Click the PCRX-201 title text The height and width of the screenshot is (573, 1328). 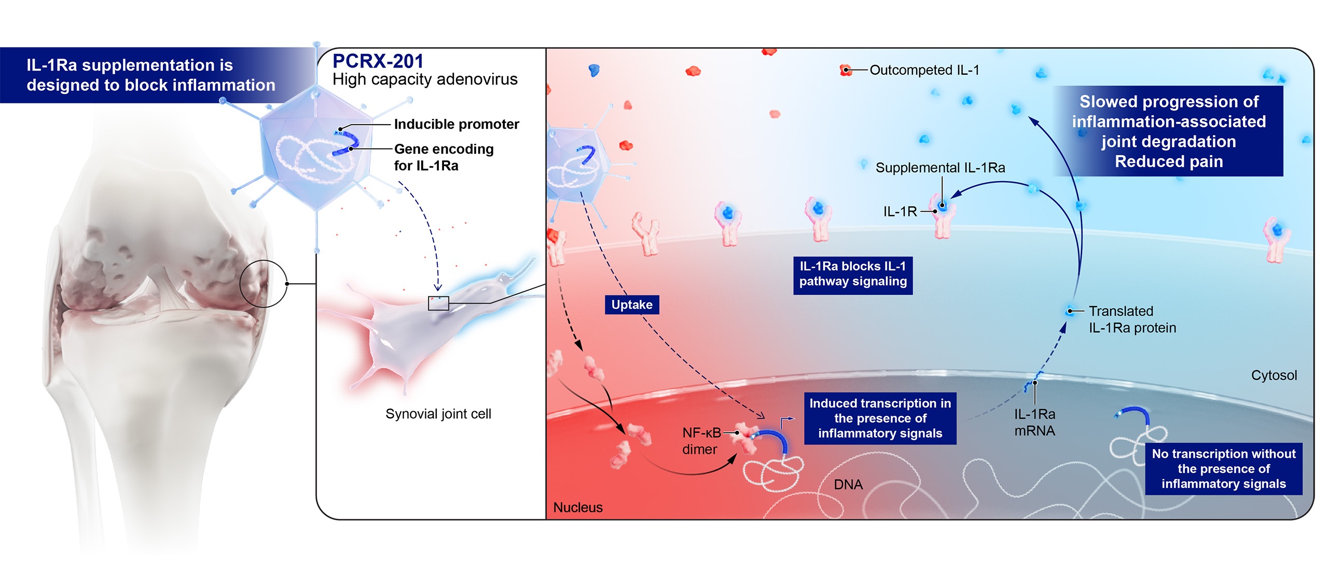tap(378, 61)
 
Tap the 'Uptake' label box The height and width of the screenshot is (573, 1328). tap(632, 305)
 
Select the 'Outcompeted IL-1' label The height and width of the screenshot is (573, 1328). tap(924, 70)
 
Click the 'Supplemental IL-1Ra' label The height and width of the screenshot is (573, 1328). tap(940, 168)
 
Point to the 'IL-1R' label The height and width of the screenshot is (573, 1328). tap(900, 212)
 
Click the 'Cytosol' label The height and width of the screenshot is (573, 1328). tap(1274, 375)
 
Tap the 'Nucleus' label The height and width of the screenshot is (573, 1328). tap(578, 507)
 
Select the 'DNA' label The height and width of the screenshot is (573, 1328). tap(848, 484)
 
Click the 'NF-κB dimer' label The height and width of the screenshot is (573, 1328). tap(701, 441)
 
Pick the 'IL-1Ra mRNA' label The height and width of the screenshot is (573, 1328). tap(1034, 422)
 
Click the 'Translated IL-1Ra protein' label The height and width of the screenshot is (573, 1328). tap(1132, 319)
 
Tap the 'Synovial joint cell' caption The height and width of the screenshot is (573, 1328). tap(438, 414)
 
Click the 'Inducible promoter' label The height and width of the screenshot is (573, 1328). tap(457, 124)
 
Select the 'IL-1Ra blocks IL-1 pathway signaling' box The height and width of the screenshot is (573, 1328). tap(853, 274)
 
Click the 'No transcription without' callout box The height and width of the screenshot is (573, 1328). tap(1223, 469)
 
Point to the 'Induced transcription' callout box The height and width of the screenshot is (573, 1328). tap(880, 418)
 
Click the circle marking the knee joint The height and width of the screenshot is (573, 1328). tap(263, 283)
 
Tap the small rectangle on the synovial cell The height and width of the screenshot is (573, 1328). tap(438, 303)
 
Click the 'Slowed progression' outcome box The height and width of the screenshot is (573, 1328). tap(1169, 131)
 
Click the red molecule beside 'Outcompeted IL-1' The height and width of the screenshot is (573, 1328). tap(846, 70)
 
